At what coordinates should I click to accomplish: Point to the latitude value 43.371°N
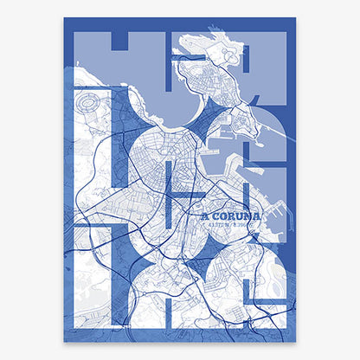[216, 227]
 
